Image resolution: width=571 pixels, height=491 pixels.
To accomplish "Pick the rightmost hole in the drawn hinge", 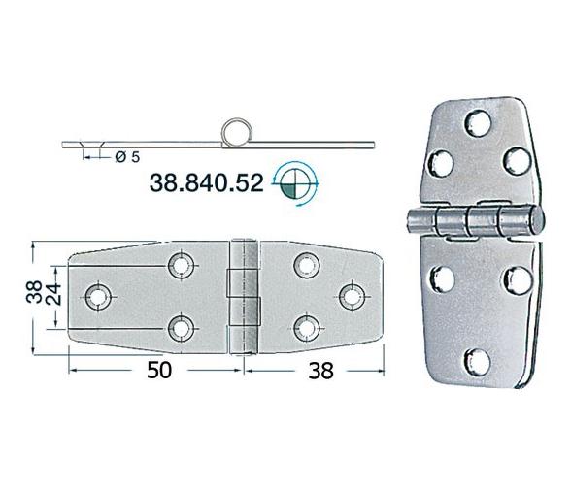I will (351, 294).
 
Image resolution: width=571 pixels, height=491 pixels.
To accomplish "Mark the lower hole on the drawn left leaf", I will (180, 327).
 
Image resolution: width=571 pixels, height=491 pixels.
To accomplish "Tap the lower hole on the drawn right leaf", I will (306, 327).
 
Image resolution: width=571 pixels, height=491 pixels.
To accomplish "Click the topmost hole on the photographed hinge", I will (479, 126).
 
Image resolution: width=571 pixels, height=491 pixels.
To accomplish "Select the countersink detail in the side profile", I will (91, 147).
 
